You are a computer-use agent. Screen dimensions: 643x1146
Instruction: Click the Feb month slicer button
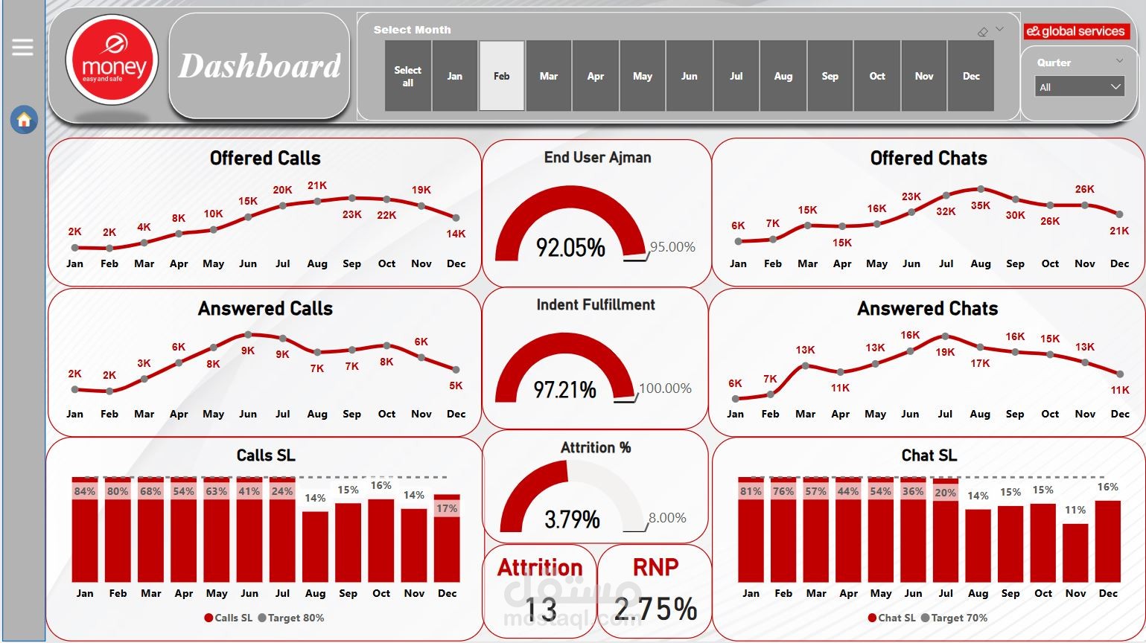(x=502, y=76)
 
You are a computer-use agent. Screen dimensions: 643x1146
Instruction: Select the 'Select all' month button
(x=407, y=76)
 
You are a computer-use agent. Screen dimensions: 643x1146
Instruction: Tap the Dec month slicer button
(x=971, y=76)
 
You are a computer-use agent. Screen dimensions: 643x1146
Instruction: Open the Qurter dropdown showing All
(x=1079, y=87)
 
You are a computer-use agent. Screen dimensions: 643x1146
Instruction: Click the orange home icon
(x=24, y=120)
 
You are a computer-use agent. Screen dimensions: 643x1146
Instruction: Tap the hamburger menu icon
(x=22, y=48)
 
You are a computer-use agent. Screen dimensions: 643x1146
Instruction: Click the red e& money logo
(x=112, y=60)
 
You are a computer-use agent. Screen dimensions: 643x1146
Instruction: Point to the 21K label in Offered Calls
(x=317, y=185)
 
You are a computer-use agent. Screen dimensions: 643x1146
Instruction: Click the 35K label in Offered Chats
(x=981, y=205)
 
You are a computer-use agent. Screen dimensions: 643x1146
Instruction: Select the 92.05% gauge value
(x=570, y=248)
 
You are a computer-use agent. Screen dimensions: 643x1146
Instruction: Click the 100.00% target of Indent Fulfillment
(x=666, y=388)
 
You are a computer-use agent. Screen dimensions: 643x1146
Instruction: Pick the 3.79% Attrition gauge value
(x=572, y=519)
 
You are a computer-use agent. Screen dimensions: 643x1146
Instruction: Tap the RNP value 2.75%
(x=656, y=609)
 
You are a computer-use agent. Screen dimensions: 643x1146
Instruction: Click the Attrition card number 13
(x=541, y=610)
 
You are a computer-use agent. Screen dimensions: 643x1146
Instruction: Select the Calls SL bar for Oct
(x=381, y=540)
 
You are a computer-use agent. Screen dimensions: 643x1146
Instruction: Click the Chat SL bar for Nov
(x=1075, y=553)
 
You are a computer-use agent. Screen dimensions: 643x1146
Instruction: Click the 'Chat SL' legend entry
(x=892, y=618)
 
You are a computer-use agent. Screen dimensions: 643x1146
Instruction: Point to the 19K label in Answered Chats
(x=945, y=352)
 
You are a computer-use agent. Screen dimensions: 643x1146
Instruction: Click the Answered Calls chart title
(x=265, y=308)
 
